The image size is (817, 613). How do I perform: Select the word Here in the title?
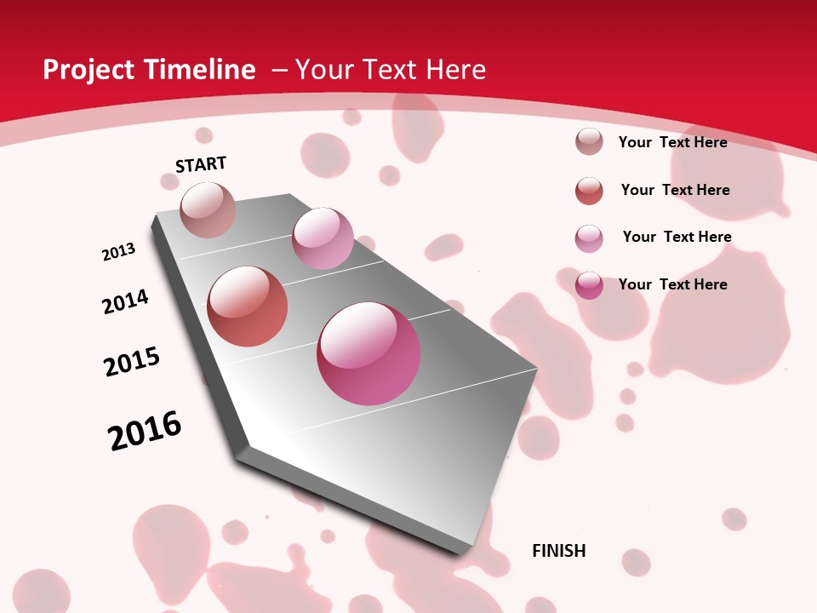pyautogui.click(x=454, y=70)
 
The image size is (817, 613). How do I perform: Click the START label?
pyautogui.click(x=201, y=164)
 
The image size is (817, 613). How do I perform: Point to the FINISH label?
pyautogui.click(x=559, y=551)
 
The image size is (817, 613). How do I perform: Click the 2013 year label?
pyautogui.click(x=118, y=252)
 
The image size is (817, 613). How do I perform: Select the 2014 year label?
pyautogui.click(x=126, y=301)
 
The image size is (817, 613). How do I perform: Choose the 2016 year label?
pyautogui.click(x=145, y=430)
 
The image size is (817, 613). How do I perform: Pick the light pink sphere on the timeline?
pyautogui.click(x=323, y=238)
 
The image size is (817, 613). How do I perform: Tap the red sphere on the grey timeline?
pyautogui.click(x=248, y=306)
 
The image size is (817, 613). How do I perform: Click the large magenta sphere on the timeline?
pyautogui.click(x=369, y=353)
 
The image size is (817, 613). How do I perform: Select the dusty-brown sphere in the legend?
pyautogui.click(x=589, y=141)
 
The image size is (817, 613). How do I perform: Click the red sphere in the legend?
pyautogui.click(x=589, y=191)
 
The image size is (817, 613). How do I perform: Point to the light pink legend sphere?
pyautogui.click(x=589, y=238)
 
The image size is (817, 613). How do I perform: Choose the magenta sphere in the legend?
pyautogui.click(x=589, y=285)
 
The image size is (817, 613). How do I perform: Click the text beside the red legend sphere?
pyautogui.click(x=675, y=190)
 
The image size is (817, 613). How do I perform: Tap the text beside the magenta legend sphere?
pyautogui.click(x=672, y=284)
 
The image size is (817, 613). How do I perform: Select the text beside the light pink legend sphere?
pyautogui.click(x=677, y=237)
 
